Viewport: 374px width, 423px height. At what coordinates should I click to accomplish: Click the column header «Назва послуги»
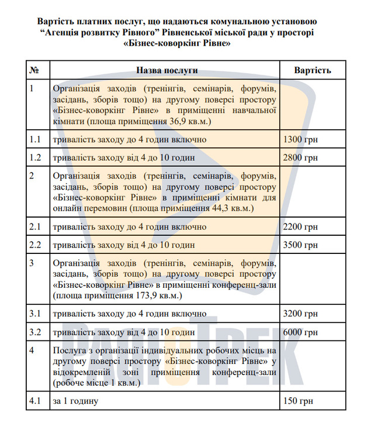tap(167, 70)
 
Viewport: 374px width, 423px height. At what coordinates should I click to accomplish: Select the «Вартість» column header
tap(313, 70)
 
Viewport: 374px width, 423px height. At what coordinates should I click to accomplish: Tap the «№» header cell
tap(34, 70)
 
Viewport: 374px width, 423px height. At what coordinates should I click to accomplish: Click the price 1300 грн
tap(300, 140)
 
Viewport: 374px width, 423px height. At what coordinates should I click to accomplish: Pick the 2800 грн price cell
tap(300, 158)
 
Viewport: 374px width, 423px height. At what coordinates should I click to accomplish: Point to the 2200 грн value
tap(300, 227)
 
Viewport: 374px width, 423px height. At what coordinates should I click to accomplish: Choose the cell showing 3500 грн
tap(300, 245)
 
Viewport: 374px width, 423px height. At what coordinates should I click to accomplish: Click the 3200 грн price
tap(300, 314)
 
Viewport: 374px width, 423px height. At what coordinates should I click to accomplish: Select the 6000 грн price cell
tap(300, 332)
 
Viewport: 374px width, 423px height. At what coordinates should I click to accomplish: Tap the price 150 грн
tap(297, 401)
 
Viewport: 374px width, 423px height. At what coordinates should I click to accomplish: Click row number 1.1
tap(36, 140)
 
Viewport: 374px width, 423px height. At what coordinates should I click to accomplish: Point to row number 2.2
tap(36, 245)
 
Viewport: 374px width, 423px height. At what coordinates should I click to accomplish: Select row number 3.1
tap(36, 314)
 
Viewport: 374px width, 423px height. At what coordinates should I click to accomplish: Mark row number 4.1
tap(36, 401)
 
